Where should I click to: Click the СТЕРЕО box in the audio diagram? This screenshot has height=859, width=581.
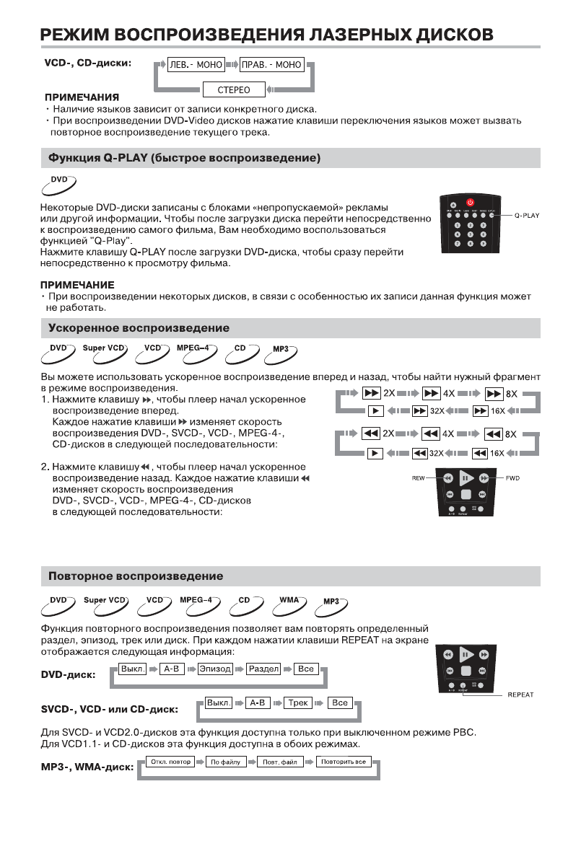click(x=234, y=90)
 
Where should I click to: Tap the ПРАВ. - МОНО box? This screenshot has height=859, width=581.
click(x=271, y=65)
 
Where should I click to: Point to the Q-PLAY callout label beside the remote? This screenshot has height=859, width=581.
click(x=527, y=216)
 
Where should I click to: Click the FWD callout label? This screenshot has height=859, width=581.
click(x=512, y=478)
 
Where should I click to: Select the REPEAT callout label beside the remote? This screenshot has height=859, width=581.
click(x=520, y=695)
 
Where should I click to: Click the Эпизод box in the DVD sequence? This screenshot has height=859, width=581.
click(x=215, y=669)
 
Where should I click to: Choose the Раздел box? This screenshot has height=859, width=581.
click(x=263, y=669)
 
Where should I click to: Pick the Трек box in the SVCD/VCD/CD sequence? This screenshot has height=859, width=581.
click(x=297, y=702)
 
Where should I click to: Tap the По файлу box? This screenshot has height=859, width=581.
click(x=226, y=762)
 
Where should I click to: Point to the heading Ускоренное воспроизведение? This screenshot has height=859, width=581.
click(x=139, y=328)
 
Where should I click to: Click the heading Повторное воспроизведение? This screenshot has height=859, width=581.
click(x=135, y=576)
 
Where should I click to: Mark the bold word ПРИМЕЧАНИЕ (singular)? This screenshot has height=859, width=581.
click(x=77, y=286)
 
